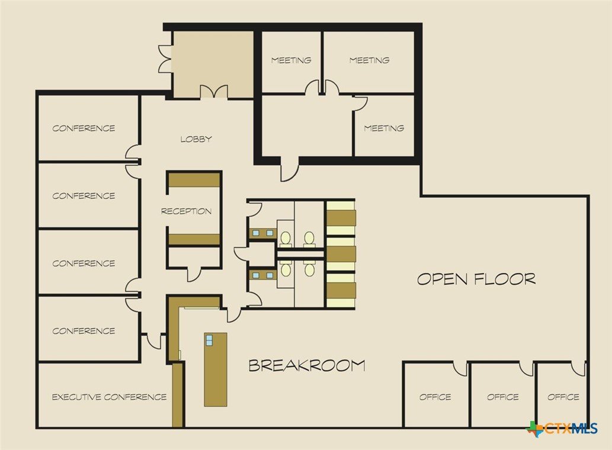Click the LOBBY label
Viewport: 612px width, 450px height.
pyautogui.click(x=196, y=139)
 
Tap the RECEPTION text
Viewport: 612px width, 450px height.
pyautogui.click(x=186, y=211)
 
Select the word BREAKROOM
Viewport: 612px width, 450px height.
pyautogui.click(x=307, y=365)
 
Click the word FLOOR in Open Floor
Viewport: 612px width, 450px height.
pyautogui.click(x=505, y=279)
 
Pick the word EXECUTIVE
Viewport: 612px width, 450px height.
pyautogui.click(x=76, y=397)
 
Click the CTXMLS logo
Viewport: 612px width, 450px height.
pyautogui.click(x=562, y=429)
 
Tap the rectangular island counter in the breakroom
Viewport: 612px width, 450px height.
pyautogui.click(x=216, y=369)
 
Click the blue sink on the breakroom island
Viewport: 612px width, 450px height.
pyautogui.click(x=209, y=340)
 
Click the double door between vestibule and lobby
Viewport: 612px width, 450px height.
pyautogui.click(x=213, y=91)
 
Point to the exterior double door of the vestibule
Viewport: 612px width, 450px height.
pyautogui.click(x=165, y=58)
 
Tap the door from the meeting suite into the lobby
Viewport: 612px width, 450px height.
pyautogui.click(x=290, y=169)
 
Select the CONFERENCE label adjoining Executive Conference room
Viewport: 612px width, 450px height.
pyautogui.click(x=84, y=331)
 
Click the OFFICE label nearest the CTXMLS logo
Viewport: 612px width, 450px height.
pyautogui.click(x=563, y=397)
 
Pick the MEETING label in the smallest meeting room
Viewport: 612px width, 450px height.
pyautogui.click(x=384, y=128)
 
